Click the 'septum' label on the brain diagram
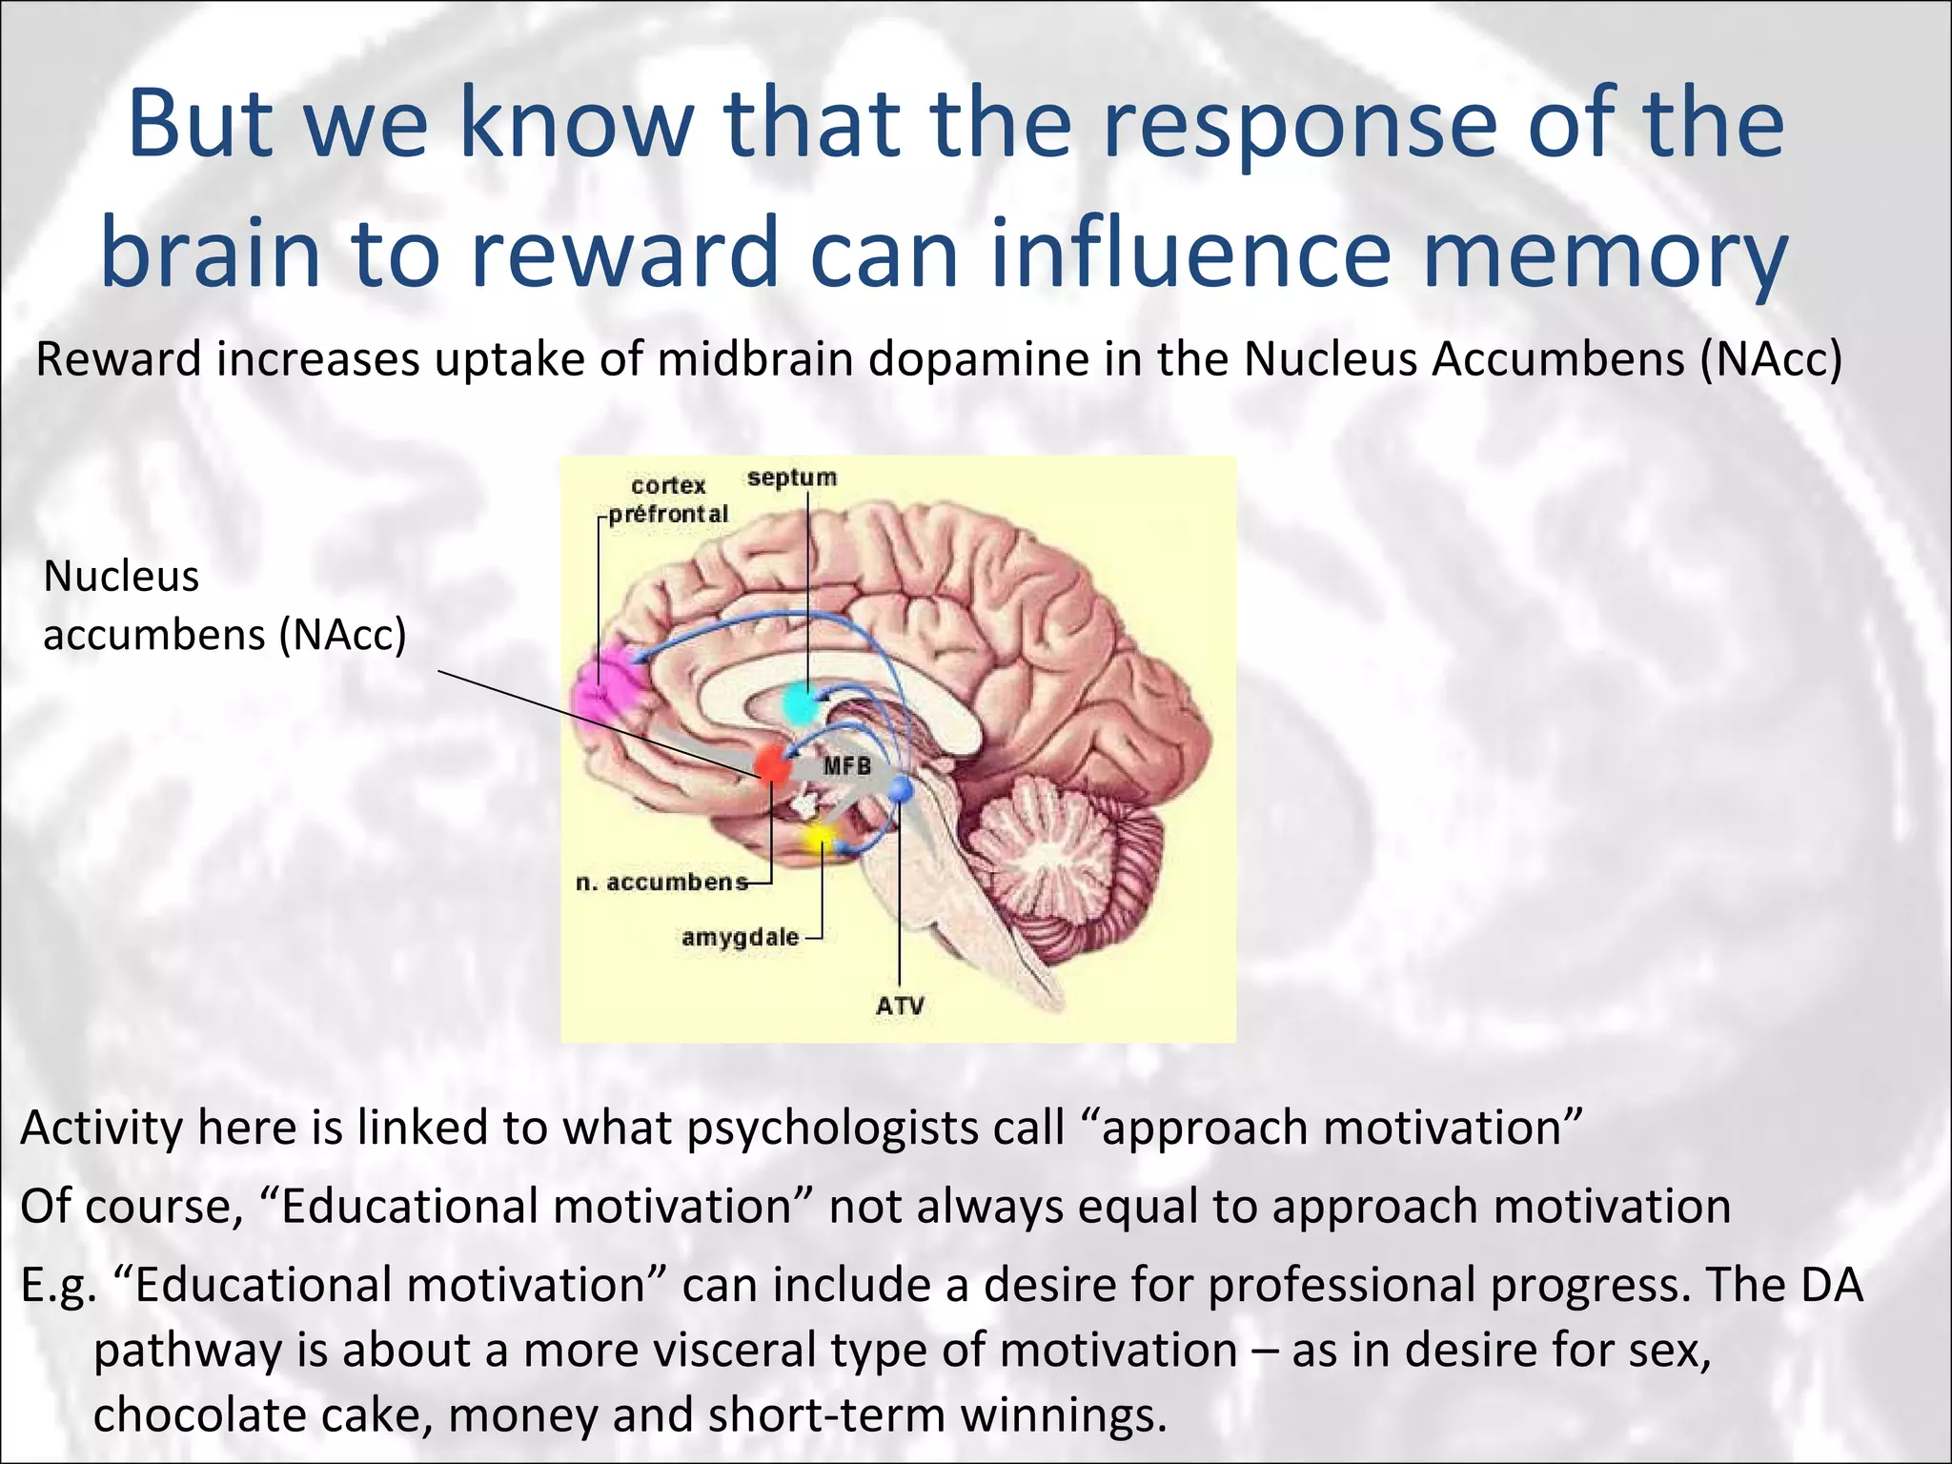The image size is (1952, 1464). (791, 478)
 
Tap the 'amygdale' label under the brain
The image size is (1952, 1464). (740, 938)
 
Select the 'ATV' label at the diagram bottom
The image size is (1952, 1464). (900, 1006)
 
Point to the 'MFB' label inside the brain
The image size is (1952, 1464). (846, 765)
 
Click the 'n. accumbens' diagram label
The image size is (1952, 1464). (661, 883)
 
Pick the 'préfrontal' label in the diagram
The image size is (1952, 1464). (668, 515)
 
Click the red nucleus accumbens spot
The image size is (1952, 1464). (772, 764)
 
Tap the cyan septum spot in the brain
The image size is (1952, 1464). (801, 704)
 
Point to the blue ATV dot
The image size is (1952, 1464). (901, 789)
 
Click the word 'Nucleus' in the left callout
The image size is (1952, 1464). (121, 577)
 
